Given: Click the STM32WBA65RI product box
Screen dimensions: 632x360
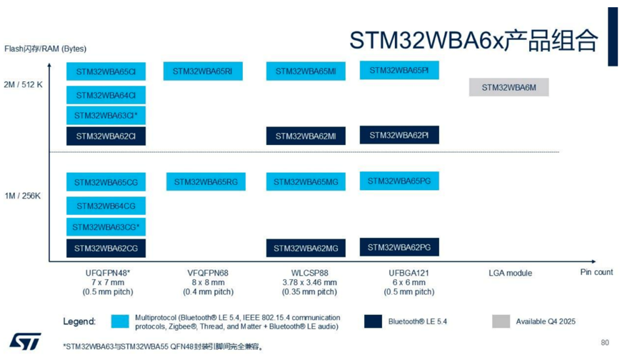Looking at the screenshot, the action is [203, 71].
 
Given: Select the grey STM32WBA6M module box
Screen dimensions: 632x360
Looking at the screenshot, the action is [508, 87].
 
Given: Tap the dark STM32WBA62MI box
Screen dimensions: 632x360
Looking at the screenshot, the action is [306, 136].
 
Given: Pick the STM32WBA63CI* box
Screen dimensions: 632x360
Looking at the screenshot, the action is [106, 115].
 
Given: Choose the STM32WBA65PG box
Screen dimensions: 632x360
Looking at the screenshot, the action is [399, 181].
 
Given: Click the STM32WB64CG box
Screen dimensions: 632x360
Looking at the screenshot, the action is [106, 206].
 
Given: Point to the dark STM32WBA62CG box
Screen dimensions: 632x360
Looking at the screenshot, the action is [106, 248].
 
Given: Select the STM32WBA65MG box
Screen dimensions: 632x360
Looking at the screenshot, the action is [306, 181].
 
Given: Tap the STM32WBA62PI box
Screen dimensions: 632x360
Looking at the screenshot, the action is [399, 135].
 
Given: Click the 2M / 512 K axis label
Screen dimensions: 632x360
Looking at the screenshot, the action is [23, 85].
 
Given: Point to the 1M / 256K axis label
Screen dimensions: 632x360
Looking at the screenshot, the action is [23, 196].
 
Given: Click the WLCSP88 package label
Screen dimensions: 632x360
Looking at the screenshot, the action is [309, 273].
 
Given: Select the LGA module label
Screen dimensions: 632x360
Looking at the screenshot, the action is [511, 273].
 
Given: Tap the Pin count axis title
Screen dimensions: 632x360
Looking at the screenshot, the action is [596, 272].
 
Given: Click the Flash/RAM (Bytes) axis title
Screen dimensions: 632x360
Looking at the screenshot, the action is [45, 49].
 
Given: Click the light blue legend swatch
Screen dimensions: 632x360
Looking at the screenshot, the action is [120, 321].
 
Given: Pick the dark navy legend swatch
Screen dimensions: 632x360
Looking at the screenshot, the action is [373, 321].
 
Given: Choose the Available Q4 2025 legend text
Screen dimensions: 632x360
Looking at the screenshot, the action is [546, 321].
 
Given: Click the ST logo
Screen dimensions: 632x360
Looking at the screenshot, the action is [25, 341].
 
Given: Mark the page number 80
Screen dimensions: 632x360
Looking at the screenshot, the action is [605, 343].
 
